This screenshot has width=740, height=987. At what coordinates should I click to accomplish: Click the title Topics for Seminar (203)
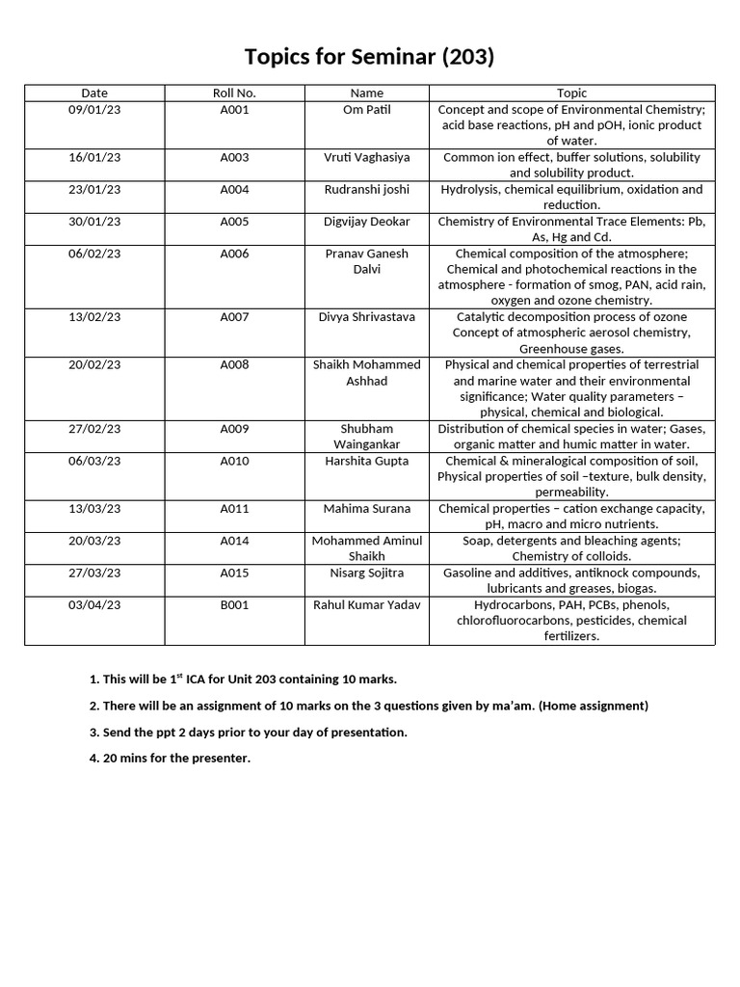click(x=369, y=57)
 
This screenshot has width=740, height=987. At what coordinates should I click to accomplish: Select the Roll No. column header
click(x=234, y=93)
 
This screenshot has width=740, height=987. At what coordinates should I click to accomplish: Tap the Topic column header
click(x=571, y=93)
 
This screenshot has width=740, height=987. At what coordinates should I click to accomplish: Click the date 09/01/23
click(x=94, y=110)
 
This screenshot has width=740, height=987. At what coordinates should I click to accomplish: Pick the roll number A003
click(x=234, y=157)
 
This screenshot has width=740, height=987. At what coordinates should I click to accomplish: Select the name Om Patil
click(x=367, y=110)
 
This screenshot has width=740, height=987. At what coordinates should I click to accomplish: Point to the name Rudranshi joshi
click(x=367, y=189)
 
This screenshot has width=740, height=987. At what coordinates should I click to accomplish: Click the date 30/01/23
click(x=94, y=222)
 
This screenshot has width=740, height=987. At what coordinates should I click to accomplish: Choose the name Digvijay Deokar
click(x=367, y=222)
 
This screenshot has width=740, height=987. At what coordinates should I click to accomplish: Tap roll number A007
click(x=234, y=316)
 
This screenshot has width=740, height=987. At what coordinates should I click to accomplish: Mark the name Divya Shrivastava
click(x=367, y=316)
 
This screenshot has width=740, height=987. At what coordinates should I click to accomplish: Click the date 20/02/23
click(x=94, y=364)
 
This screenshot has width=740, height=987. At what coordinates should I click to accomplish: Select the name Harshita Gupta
click(x=367, y=461)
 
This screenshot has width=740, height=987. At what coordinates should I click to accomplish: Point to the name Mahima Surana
click(x=367, y=508)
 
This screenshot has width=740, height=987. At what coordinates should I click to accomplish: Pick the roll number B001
click(x=234, y=604)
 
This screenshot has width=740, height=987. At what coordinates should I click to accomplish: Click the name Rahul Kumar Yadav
click(x=367, y=604)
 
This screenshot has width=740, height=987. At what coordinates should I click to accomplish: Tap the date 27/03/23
click(x=94, y=573)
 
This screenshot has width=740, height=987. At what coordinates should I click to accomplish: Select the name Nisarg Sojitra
click(x=367, y=573)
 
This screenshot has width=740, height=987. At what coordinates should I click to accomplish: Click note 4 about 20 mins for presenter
click(x=170, y=759)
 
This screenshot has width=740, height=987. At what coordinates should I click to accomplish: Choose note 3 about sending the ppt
click(x=248, y=733)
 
